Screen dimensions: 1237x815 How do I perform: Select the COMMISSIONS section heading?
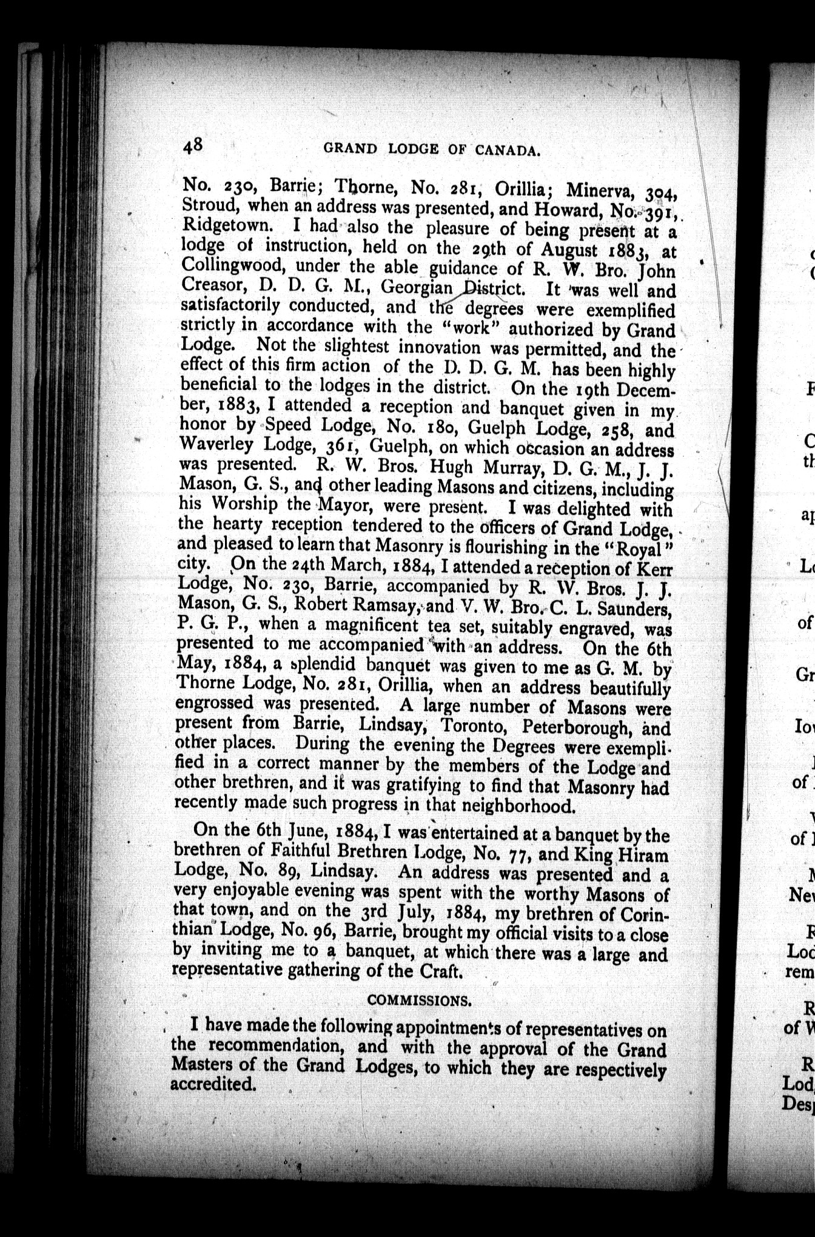pyautogui.click(x=419, y=1000)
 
